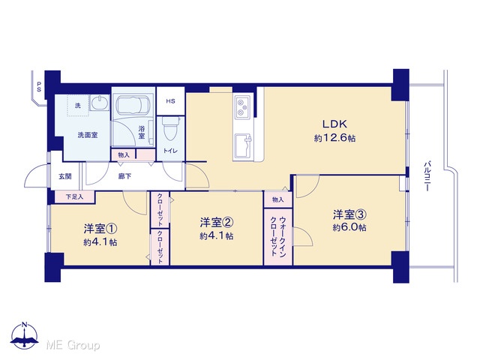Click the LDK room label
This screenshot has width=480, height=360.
tap(335, 124)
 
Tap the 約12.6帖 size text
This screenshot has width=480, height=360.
tap(335, 138)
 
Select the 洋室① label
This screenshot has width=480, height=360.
tap(100, 228)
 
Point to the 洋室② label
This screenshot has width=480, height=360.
tap(217, 222)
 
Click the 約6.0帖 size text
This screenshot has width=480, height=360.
tap(349, 228)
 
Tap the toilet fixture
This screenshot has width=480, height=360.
tap(171, 128)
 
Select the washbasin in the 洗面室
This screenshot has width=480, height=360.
tap(100, 102)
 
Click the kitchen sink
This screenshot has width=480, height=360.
tap(243, 145)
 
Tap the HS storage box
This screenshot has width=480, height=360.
tap(170, 101)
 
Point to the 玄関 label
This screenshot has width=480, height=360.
tap(65, 176)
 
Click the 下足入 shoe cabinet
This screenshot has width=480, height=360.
tap(74, 196)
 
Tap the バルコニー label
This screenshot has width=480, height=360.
tap(427, 177)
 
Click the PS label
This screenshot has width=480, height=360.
tap(39, 87)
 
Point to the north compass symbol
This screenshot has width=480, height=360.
tap(25, 335)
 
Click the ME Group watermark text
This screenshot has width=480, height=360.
tap(73, 345)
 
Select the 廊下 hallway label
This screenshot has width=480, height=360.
tap(125, 176)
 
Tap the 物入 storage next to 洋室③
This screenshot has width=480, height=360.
tap(278, 200)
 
